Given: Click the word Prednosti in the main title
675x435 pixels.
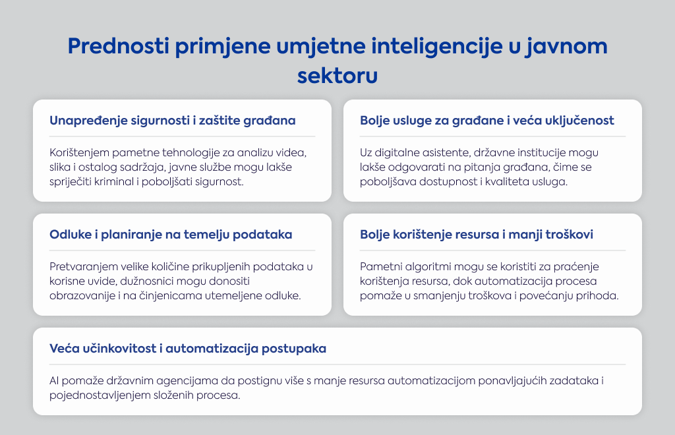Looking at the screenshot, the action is (x=119, y=46).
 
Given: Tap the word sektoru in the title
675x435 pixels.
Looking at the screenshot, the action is (x=337, y=76).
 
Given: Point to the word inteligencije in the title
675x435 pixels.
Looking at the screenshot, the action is (x=437, y=47).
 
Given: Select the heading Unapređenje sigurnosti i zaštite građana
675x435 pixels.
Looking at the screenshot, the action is (x=173, y=121).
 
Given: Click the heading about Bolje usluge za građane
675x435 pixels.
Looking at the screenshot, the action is (x=487, y=121).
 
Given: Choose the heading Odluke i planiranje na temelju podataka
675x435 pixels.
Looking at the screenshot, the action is (x=171, y=235).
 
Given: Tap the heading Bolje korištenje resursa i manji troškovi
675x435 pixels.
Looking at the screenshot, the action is (x=477, y=235).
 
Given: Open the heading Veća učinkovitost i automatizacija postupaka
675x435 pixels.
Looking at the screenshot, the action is (x=188, y=349).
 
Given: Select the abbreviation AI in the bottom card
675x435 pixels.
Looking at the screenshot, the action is (x=54, y=381).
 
